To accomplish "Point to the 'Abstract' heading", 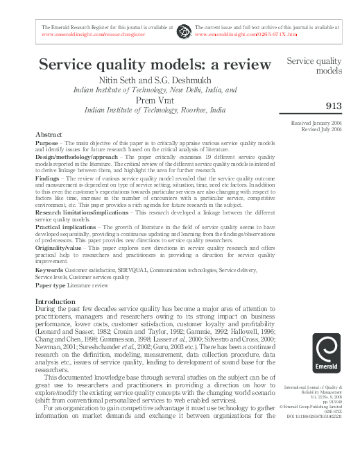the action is tap(48, 134).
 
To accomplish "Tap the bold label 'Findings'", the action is tap(47, 177).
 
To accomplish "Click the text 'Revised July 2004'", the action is tap(322, 129).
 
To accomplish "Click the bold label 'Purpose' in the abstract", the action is tap(46, 142).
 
